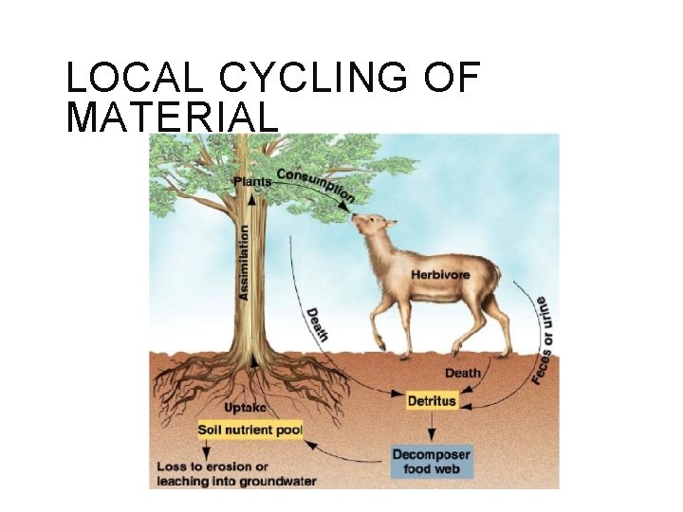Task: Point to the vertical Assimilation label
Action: [245, 263]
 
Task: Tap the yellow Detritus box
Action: [432, 401]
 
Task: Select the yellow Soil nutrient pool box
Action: [249, 430]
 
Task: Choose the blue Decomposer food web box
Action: [431, 462]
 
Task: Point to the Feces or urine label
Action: [544, 338]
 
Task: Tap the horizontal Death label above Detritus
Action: [462, 374]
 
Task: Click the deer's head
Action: [372, 228]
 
